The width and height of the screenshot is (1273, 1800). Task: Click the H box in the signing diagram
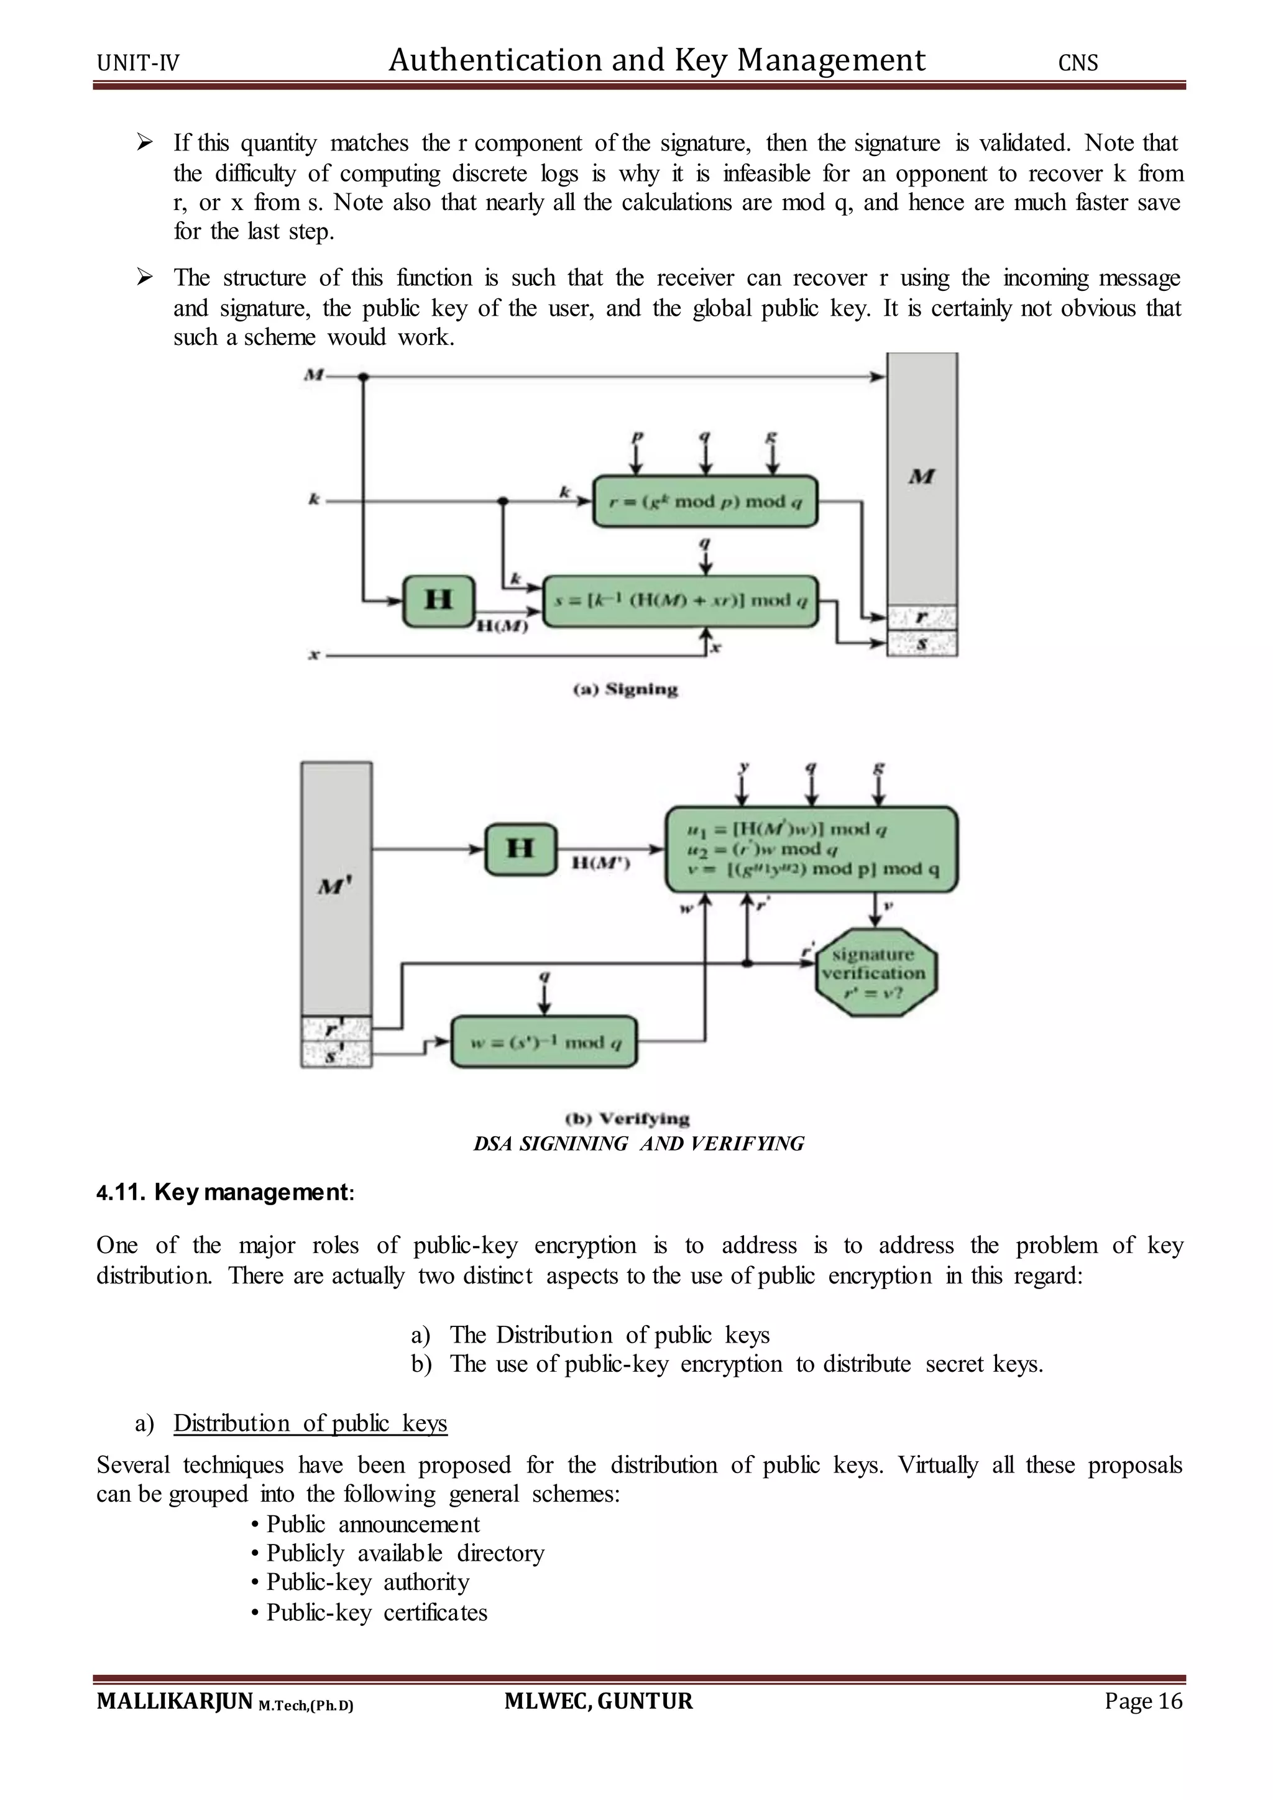438,600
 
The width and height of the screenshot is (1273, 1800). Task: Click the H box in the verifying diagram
520,849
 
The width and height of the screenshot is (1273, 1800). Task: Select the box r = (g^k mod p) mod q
705,501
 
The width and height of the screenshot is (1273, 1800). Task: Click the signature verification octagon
876,972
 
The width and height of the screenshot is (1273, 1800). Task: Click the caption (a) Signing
625,690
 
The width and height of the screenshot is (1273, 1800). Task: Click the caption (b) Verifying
627,1118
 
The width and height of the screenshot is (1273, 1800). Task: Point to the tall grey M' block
336,888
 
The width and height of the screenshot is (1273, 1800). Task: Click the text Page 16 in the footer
1143,1701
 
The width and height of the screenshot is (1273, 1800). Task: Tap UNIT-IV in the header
138,63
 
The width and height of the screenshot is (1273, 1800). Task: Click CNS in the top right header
1078,63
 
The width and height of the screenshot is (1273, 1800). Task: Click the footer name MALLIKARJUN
174,1701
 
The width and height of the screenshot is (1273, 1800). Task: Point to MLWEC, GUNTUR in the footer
599,1701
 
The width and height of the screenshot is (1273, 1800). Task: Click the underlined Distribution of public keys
310,1423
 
